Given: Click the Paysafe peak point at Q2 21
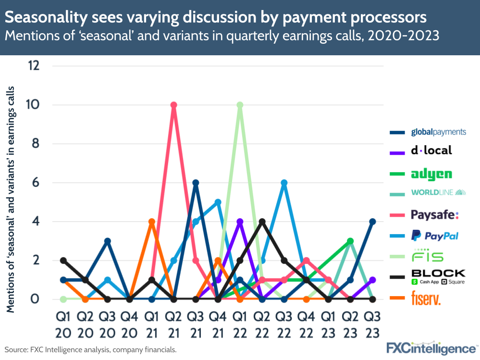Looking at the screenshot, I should tap(174, 105).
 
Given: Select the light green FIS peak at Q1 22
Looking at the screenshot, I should tap(240, 105).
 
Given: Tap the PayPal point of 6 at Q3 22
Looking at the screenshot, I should tap(284, 183).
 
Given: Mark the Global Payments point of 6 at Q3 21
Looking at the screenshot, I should tap(196, 183).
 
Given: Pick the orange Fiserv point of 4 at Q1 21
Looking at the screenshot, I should tap(152, 222).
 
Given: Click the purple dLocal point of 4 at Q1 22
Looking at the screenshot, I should tap(240, 222).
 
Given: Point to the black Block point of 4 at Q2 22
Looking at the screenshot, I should tap(262, 222).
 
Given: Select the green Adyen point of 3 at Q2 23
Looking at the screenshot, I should tap(350, 241).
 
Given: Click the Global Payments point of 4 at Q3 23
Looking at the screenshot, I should tap(372, 222).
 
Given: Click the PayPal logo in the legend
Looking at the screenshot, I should tap(434, 235).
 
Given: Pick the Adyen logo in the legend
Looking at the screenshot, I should tap(431, 174).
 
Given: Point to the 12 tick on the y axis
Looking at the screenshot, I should tap(34, 66).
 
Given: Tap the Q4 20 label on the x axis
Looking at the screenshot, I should tap(130, 325).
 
